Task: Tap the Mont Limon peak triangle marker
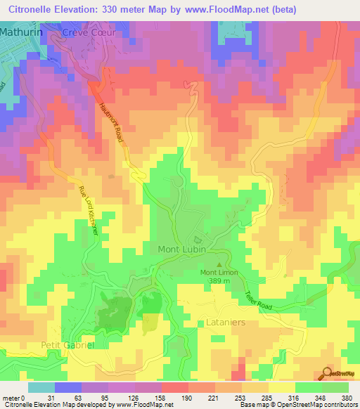pyautogui.click(x=217, y=265)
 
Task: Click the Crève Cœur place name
pyautogui.click(x=87, y=33)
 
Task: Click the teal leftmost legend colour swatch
pyautogui.click(x=41, y=387)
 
